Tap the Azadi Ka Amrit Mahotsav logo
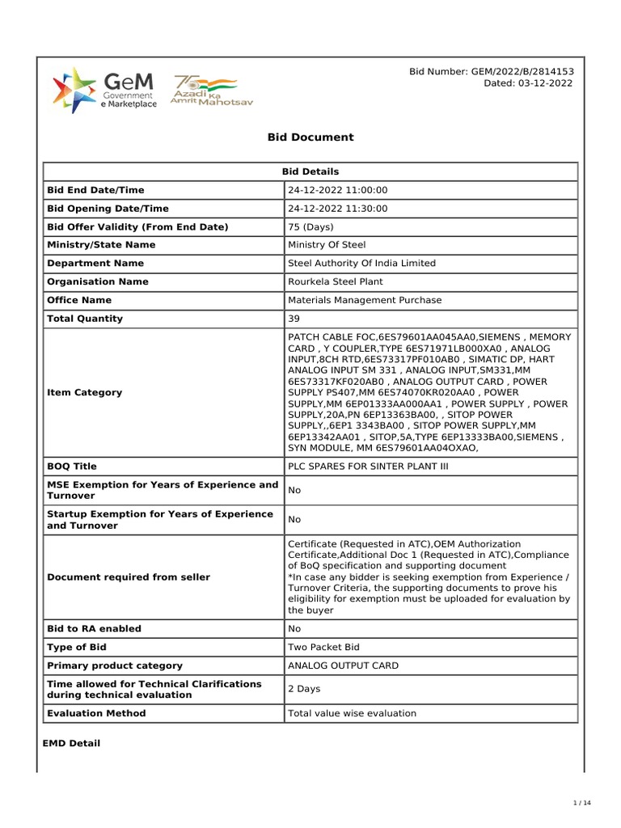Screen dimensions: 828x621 (205, 91)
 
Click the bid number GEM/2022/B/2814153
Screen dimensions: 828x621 (492, 72)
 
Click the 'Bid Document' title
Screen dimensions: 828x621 (310, 137)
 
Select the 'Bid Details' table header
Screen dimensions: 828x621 (310, 171)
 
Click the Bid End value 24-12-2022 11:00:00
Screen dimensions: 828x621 (338, 190)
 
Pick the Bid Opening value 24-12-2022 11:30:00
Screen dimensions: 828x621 (338, 209)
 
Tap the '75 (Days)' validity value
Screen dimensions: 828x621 (311, 227)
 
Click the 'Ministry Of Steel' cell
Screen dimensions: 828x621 (327, 245)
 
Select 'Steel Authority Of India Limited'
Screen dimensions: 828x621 (361, 264)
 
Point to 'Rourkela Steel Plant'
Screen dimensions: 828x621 (336, 282)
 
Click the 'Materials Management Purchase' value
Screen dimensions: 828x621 (365, 300)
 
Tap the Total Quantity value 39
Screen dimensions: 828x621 (294, 319)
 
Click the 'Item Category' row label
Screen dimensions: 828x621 (85, 392)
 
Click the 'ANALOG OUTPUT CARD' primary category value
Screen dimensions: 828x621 (343, 666)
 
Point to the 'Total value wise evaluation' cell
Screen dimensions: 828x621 (352, 713)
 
